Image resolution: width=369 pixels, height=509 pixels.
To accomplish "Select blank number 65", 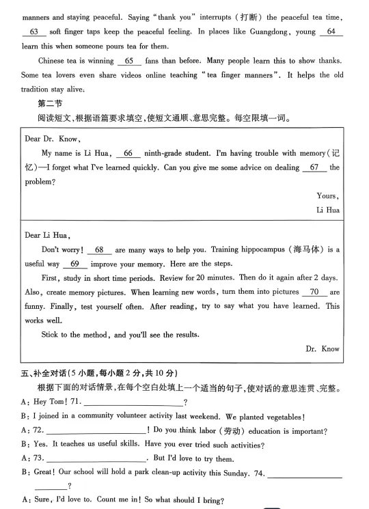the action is pyautogui.click(x=128, y=61).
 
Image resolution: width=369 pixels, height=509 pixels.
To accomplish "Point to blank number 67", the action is pyautogui.click(x=314, y=167).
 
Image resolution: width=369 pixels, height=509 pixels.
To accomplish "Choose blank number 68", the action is pyautogui.click(x=99, y=250).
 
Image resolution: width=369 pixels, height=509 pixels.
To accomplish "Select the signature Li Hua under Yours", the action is pyautogui.click(x=328, y=210).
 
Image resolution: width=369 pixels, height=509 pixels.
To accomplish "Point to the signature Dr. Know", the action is pyautogui.click(x=322, y=348).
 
